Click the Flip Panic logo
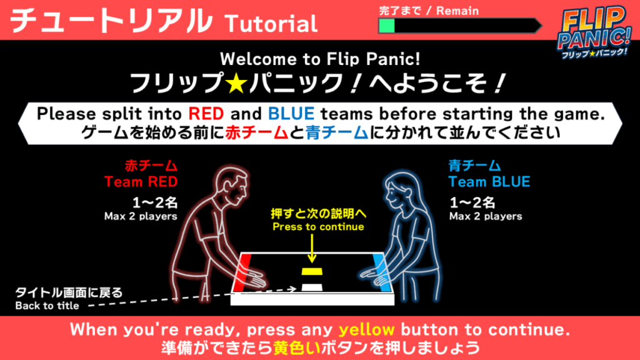(594, 32)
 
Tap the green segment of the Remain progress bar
(387, 26)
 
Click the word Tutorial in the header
(271, 24)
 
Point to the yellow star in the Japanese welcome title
(237, 83)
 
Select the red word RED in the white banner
(206, 114)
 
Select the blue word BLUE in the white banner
(291, 114)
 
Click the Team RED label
(141, 182)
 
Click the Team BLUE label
(489, 182)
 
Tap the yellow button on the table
(312, 271)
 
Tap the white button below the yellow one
(312, 287)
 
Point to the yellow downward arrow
(312, 248)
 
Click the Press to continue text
(318, 227)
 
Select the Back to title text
(47, 306)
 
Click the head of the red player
(232, 188)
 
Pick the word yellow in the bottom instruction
(366, 330)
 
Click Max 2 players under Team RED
(141, 216)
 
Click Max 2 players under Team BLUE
(486, 216)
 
